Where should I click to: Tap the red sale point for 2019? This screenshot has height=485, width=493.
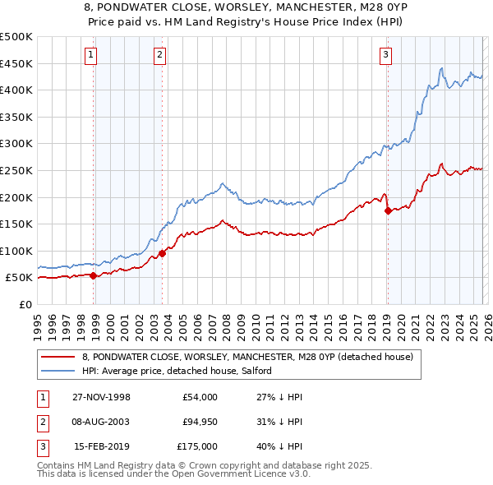(388, 210)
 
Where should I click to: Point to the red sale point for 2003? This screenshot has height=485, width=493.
(162, 253)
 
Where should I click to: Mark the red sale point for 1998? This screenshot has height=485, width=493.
(94, 275)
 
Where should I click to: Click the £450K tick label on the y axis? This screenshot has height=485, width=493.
(16, 63)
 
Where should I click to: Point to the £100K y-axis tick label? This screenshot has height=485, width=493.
(16, 251)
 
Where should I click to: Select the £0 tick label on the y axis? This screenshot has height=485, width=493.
(25, 304)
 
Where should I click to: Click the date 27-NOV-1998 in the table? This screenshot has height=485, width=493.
(102, 397)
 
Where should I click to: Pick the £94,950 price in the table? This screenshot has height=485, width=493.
(197, 422)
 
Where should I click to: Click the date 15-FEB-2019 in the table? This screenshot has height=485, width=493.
(102, 446)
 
